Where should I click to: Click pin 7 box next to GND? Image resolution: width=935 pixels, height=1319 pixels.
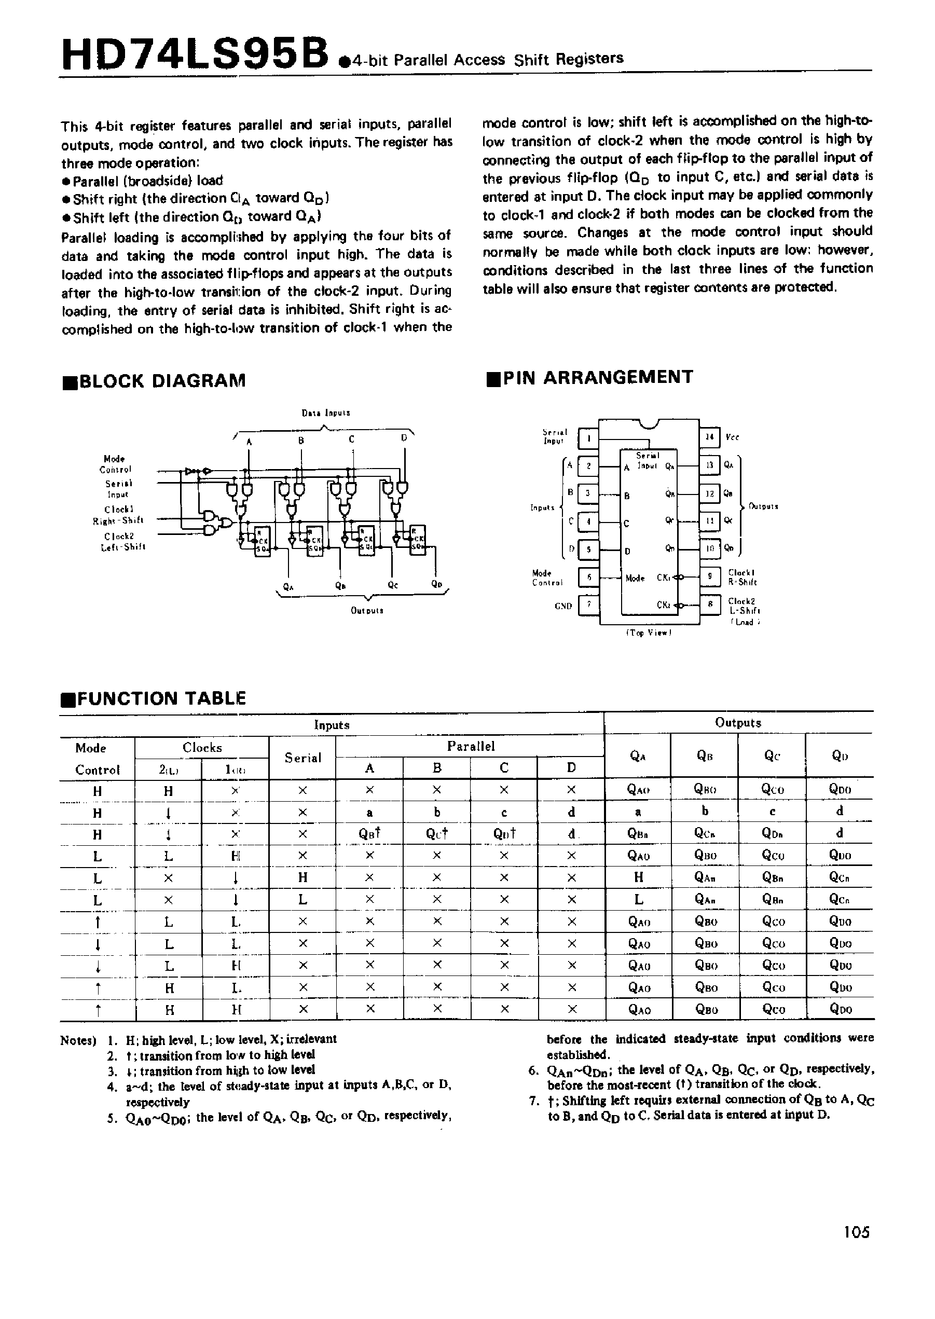pyautogui.click(x=588, y=605)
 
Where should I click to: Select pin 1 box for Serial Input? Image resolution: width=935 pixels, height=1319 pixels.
pyautogui.click(x=588, y=437)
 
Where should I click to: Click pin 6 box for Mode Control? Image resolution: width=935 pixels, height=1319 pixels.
pyautogui.click(x=588, y=577)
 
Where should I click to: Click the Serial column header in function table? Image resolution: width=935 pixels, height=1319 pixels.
pyautogui.click(x=303, y=758)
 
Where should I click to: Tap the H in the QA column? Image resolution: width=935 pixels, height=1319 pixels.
pyautogui.click(x=638, y=877)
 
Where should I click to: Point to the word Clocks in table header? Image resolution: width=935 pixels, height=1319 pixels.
pyautogui.click(x=201, y=747)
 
